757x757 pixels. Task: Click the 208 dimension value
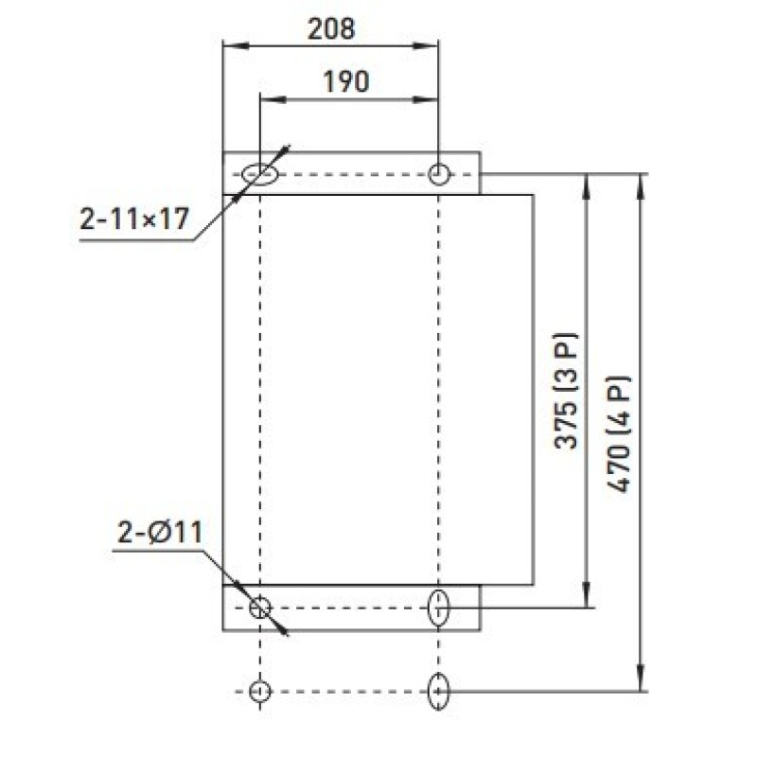[x=331, y=29]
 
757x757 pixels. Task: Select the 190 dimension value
[x=346, y=81]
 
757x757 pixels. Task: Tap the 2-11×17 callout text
[x=133, y=219]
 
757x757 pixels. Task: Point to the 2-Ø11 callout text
[x=160, y=533]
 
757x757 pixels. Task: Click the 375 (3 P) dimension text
[x=566, y=391]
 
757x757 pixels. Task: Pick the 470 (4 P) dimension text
[x=619, y=433]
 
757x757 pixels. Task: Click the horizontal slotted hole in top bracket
[x=260, y=174]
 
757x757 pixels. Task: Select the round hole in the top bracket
[x=439, y=174]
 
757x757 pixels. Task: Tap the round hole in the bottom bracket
[x=260, y=607]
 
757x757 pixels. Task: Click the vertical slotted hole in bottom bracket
[x=439, y=607]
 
